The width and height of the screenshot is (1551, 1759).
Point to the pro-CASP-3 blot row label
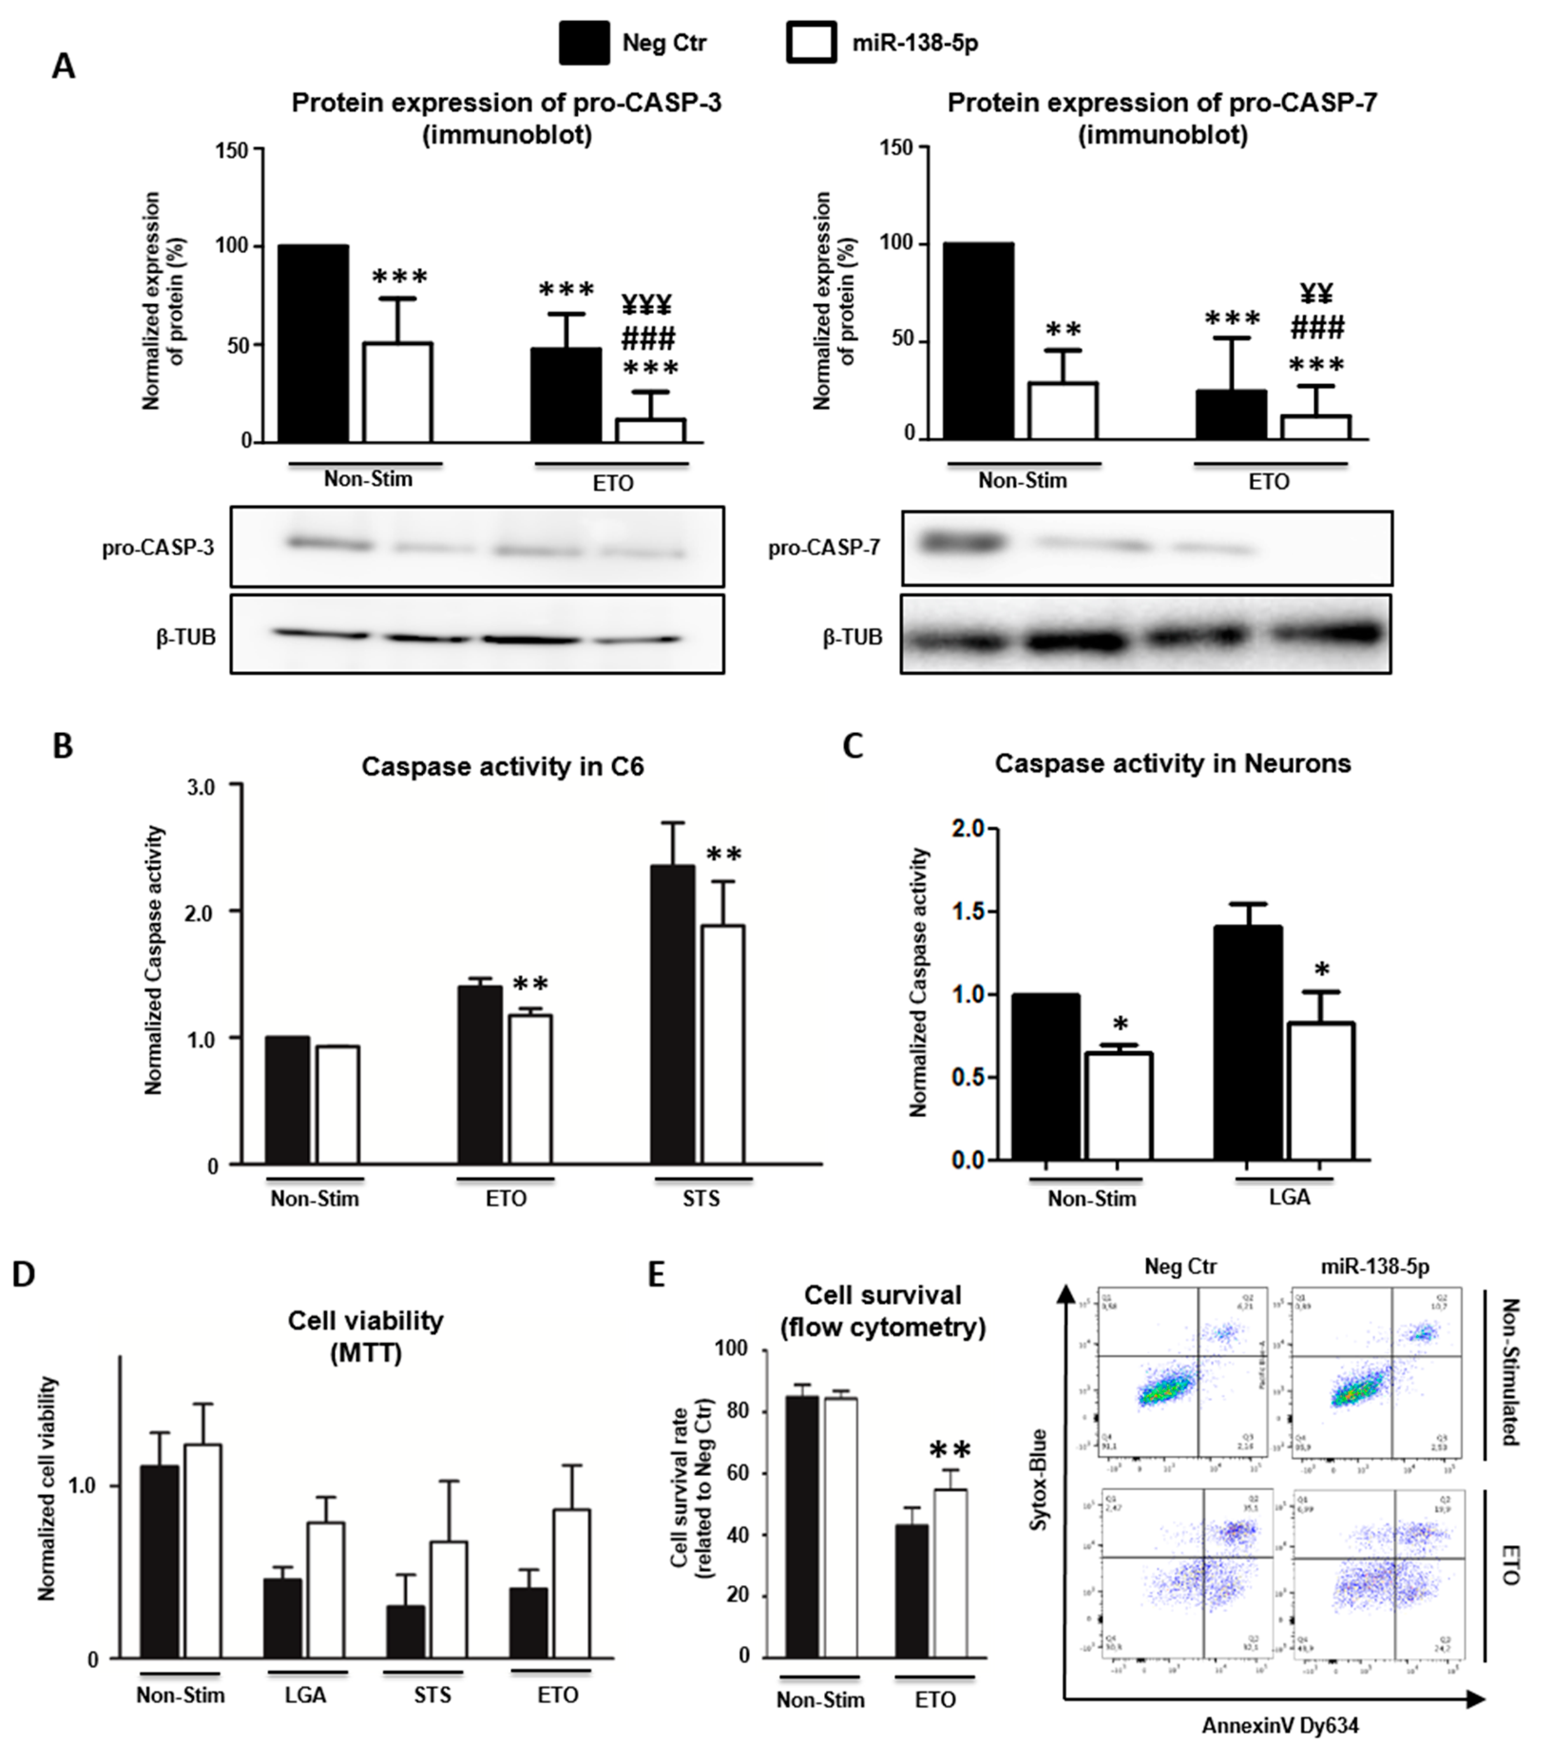click(x=158, y=548)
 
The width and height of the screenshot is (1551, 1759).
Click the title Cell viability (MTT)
click(x=365, y=1336)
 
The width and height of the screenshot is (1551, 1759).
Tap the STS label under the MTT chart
click(x=432, y=1694)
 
